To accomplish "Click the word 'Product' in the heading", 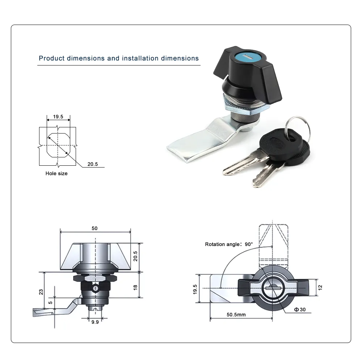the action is (x=51, y=58).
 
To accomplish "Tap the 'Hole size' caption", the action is (x=56, y=173).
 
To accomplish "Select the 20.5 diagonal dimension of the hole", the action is (x=93, y=164).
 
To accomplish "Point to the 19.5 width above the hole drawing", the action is (x=58, y=117).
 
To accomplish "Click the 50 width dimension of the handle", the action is (x=94, y=228).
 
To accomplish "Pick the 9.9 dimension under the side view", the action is (x=95, y=322).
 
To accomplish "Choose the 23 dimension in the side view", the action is (x=41, y=292).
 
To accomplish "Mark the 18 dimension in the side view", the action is (x=135, y=287).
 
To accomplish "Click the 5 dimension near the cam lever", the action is (x=50, y=302).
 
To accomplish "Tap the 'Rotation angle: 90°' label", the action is (x=229, y=244).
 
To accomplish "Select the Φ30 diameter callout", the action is (x=300, y=309).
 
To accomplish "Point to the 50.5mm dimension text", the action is (x=236, y=314).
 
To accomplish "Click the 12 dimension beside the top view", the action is (x=320, y=287).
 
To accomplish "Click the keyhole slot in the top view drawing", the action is (x=273, y=288).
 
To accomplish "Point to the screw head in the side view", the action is (x=95, y=289).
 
